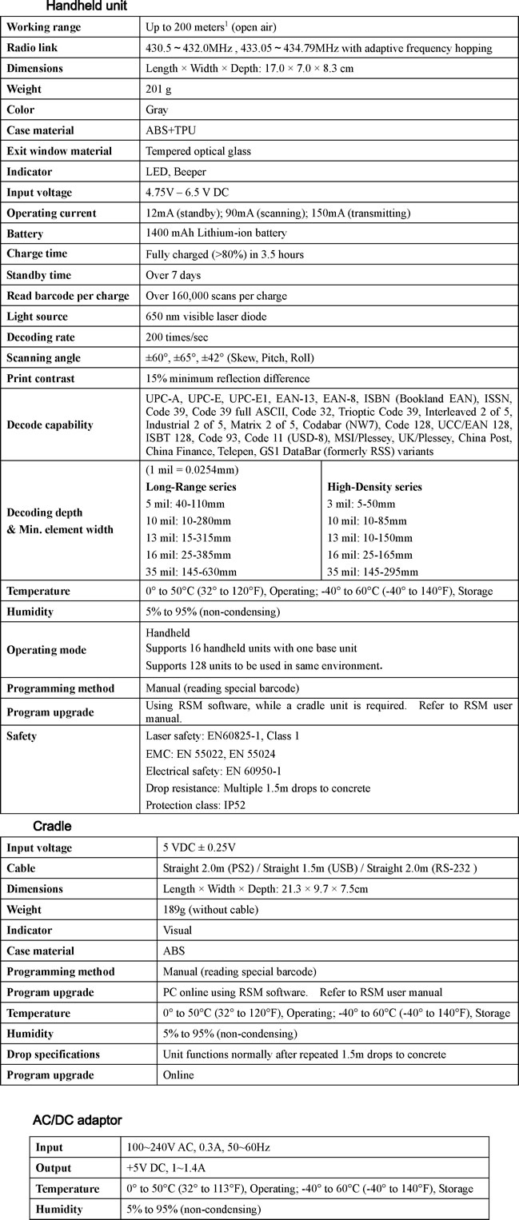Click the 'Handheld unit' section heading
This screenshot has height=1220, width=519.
click(86, 6)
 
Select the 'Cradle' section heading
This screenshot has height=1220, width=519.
click(53, 826)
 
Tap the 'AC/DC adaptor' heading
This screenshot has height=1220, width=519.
click(77, 1118)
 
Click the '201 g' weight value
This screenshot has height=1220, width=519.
click(160, 89)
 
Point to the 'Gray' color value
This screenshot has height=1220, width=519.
click(158, 110)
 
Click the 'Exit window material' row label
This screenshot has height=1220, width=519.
click(59, 151)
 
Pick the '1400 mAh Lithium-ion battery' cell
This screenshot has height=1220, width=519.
click(216, 233)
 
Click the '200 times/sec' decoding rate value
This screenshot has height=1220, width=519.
click(177, 337)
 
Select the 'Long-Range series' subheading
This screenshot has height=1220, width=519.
click(191, 486)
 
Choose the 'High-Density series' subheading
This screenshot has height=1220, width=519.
click(374, 487)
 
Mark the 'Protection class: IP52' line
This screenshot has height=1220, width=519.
click(195, 805)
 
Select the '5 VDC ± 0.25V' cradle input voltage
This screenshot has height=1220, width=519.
click(200, 847)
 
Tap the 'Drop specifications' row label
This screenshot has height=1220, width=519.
click(54, 1055)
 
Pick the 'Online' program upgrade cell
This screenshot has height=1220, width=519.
click(178, 1075)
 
